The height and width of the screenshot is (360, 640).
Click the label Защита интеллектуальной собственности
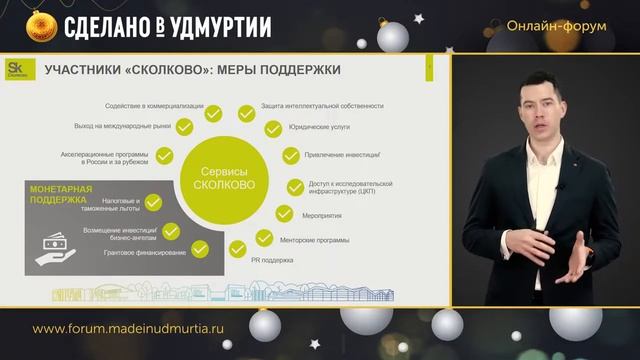click(322, 106)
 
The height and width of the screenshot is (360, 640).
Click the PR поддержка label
click(269, 261)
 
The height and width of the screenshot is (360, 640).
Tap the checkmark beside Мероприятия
click(282, 214)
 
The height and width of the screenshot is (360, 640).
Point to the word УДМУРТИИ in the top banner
click(221, 26)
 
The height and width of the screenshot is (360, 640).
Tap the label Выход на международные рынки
click(122, 126)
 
